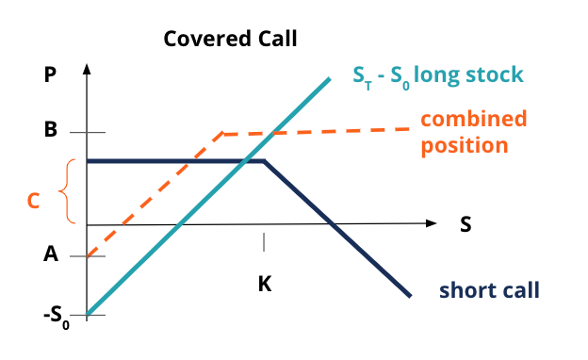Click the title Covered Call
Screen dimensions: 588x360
click(230, 39)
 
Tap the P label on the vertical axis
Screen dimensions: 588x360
click(51, 76)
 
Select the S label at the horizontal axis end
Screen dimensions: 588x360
click(465, 225)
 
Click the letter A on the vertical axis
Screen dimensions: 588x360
click(51, 254)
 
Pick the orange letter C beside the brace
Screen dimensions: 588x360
click(33, 201)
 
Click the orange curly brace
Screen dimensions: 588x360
click(66, 192)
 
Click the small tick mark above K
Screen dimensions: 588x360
click(264, 241)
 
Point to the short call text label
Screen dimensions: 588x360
click(489, 289)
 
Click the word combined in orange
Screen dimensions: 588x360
click(473, 120)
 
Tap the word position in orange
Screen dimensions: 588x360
click(465, 145)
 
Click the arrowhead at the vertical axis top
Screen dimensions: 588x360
click(87, 69)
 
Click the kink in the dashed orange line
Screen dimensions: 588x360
click(221, 134)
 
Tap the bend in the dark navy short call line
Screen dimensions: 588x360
click(263, 161)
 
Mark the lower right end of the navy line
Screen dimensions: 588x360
click(411, 296)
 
